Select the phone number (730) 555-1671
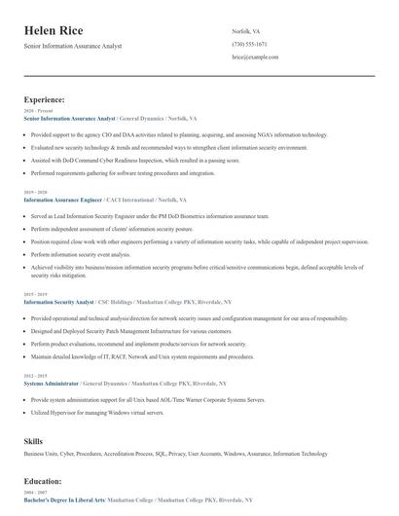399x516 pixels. (251, 45)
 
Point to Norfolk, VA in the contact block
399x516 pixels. (246, 31)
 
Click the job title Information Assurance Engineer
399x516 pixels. (62, 199)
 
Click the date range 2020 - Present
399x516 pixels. (34, 111)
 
